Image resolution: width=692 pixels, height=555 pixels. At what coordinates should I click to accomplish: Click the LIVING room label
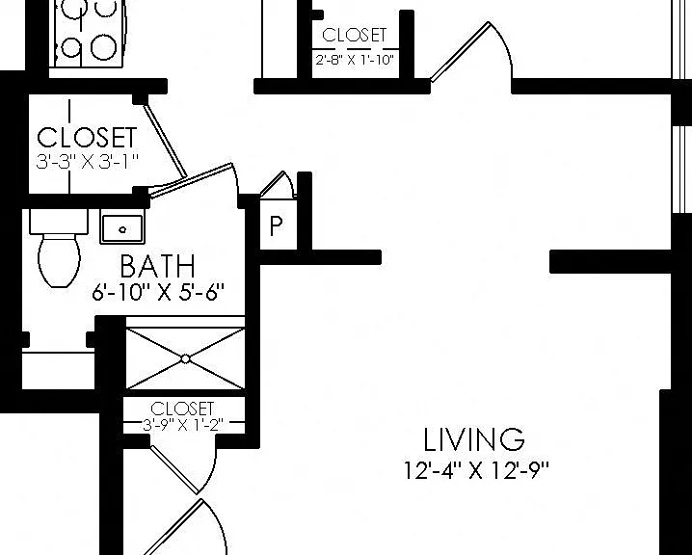474,439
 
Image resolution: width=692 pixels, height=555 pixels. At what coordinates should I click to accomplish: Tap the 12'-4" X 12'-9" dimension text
476,470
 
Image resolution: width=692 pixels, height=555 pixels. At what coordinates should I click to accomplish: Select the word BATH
157,266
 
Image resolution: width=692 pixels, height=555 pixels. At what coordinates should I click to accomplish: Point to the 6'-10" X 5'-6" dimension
158,292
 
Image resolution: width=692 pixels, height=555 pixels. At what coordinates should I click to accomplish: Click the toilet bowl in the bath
60,260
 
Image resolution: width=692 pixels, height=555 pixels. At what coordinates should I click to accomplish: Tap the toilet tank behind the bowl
59,222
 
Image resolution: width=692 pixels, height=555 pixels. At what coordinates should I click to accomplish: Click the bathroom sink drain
122,229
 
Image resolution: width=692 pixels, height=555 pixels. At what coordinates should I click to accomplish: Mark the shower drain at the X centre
185,359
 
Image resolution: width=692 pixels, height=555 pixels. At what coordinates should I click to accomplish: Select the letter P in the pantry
276,225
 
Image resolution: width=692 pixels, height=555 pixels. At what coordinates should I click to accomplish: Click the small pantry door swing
278,185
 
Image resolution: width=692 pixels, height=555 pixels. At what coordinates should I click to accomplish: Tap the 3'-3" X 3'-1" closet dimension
88,161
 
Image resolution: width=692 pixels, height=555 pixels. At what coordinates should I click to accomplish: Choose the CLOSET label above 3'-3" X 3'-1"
87,137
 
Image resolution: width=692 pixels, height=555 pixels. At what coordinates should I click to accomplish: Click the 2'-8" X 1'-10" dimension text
355,60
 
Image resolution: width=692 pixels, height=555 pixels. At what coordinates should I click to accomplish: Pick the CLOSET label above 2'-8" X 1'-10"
355,36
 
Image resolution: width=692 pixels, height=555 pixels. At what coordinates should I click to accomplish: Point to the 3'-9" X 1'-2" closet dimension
183,425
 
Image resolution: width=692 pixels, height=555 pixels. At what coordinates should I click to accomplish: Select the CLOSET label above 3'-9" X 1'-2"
182,409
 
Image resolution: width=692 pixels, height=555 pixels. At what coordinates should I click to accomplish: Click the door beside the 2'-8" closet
460,52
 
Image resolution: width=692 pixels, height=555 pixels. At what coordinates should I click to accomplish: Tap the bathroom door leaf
191,179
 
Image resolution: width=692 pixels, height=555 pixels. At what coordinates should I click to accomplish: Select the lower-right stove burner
103,47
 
